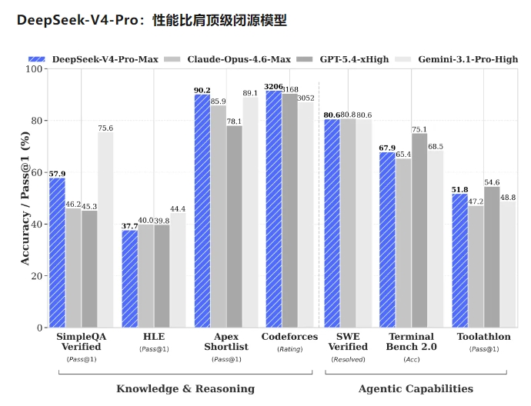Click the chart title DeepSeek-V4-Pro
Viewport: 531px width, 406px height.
click(x=152, y=21)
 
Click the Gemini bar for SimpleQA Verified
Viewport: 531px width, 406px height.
click(x=105, y=230)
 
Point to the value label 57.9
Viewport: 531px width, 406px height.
click(x=57, y=174)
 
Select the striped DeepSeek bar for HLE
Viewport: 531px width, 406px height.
click(x=129, y=278)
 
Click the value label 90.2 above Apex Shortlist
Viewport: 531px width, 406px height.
click(x=202, y=90)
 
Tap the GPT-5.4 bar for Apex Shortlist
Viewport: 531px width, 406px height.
click(x=234, y=226)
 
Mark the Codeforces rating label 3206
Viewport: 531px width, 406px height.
click(x=273, y=87)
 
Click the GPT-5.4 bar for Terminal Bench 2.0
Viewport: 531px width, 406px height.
click(x=419, y=230)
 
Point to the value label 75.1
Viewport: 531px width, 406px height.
click(x=419, y=129)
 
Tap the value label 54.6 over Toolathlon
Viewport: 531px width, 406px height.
click(x=492, y=182)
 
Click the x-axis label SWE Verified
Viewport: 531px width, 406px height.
click(x=347, y=342)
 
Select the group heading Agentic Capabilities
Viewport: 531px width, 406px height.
click(x=416, y=389)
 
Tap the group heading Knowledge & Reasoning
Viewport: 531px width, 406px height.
click(x=185, y=389)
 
